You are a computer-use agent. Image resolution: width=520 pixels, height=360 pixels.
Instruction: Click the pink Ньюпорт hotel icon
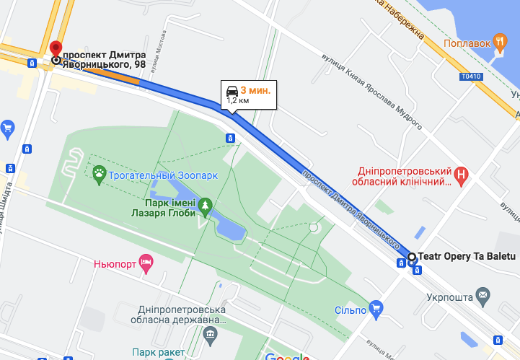146,263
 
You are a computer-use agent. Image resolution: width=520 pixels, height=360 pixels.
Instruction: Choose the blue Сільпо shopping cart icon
375,310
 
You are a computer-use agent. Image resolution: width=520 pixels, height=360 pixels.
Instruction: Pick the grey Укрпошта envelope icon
482,295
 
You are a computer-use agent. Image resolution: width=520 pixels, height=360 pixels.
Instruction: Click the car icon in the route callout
232,90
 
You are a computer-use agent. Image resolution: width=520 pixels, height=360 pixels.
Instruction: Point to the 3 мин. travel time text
255,90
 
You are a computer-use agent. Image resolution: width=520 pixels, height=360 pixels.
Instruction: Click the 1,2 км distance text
238,101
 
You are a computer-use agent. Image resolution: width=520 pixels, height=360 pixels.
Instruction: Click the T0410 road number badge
469,76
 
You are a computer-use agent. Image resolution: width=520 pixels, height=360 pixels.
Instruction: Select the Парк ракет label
157,352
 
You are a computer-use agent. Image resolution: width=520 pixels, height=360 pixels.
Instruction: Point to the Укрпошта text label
449,296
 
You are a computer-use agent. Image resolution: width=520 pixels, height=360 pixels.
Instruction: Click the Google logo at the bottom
287,356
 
